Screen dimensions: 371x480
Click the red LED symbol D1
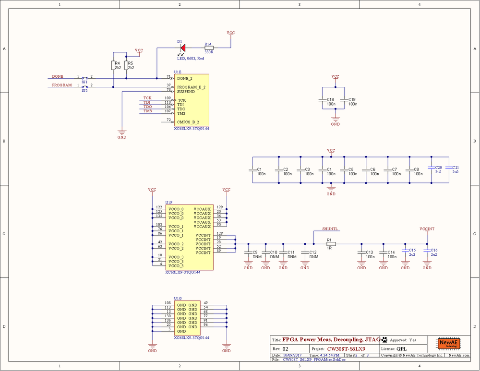[x=182, y=48]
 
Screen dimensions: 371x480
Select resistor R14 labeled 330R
[x=208, y=48]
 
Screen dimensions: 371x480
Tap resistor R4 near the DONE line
[x=113, y=65]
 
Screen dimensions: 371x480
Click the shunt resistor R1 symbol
[x=331, y=244]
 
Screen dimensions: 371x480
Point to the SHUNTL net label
[x=330, y=229]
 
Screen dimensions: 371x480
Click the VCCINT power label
[x=427, y=229]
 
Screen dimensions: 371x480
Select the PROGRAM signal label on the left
[x=62, y=85]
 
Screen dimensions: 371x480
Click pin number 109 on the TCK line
[x=167, y=98]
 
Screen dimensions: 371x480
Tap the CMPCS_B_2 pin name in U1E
[x=188, y=122]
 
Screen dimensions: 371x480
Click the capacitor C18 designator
[x=330, y=99]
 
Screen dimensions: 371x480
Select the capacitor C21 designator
[x=456, y=167]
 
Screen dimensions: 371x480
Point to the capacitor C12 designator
[x=313, y=252]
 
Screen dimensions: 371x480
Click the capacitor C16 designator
[x=434, y=250]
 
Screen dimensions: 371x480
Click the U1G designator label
[x=178, y=298]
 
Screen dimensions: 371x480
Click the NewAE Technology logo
[x=448, y=344]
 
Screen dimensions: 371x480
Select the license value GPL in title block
[x=401, y=349]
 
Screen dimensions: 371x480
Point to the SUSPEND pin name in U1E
[x=186, y=91]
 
